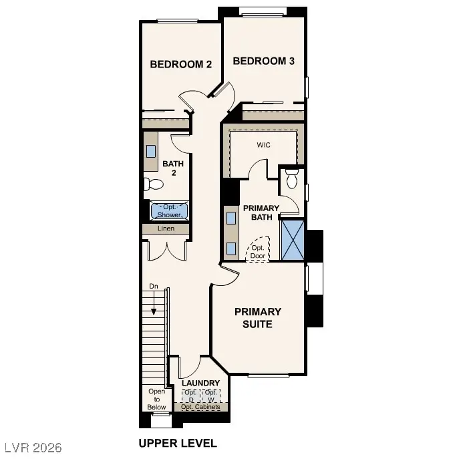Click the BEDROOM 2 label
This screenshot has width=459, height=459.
[180, 65]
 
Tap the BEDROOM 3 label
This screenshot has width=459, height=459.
[263, 61]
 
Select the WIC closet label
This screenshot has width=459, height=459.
[264, 144]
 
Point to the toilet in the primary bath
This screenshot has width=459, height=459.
[291, 179]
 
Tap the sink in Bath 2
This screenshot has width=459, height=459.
[151, 150]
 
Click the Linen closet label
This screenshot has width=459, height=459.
[166, 228]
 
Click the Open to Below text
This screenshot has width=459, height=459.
[156, 400]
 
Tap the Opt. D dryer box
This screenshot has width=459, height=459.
[190, 395]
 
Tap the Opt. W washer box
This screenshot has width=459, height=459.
[210, 395]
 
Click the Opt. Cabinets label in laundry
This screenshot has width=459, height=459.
[200, 407]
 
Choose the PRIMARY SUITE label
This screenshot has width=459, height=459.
[257, 318]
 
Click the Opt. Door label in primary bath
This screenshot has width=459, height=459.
[257, 251]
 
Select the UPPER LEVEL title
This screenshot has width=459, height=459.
[177, 443]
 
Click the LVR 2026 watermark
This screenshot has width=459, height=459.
[32, 444]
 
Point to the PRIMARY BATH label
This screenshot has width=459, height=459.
[261, 212]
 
